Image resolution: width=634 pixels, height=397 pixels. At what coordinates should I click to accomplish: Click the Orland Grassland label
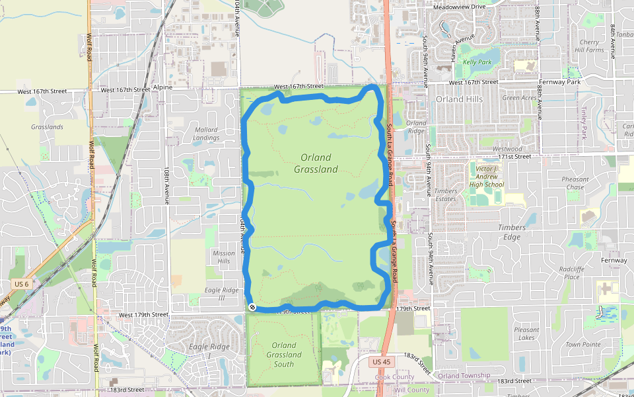tap(316, 163)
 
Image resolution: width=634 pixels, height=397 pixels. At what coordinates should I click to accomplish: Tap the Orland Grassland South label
tap(284, 355)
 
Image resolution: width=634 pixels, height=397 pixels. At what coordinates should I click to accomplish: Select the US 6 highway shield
tap(21, 284)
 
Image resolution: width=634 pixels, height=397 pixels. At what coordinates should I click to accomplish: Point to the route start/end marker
tap(252, 307)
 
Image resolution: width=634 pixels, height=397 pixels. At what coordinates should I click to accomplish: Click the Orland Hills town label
tap(459, 99)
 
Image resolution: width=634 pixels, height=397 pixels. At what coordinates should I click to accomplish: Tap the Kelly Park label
tap(477, 62)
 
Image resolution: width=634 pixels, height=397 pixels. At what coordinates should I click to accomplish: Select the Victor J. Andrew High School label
tap(489, 177)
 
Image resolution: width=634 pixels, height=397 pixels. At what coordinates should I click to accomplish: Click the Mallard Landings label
tap(207, 134)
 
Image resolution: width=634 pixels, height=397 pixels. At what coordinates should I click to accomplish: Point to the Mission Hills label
tap(224, 257)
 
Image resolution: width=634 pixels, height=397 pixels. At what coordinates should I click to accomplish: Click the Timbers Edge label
tap(512, 232)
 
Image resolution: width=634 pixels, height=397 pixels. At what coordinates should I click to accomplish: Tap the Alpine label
tap(162, 87)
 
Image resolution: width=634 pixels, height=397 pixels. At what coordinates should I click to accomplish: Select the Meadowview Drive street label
tap(460, 7)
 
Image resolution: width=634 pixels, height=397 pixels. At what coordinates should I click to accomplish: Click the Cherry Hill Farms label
tap(589, 46)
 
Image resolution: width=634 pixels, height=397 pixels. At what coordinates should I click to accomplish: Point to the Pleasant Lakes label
tap(526, 333)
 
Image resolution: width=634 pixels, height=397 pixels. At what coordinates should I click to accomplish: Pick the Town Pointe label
tap(582, 344)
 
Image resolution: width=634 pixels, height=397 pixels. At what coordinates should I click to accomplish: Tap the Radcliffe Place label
tap(572, 273)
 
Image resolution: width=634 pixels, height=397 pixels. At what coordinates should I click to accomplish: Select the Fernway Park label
tap(559, 82)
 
